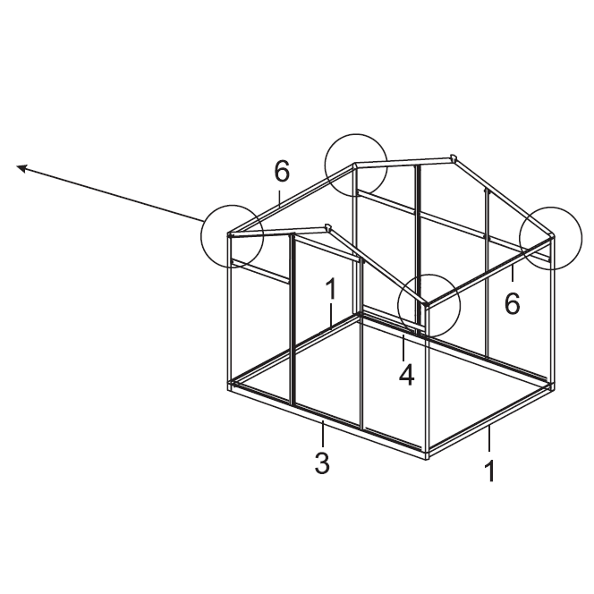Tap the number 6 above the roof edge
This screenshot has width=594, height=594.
pyautogui.click(x=282, y=170)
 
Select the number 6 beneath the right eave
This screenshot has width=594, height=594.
pyautogui.click(x=512, y=303)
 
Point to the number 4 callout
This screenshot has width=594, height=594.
pyautogui.click(x=406, y=374)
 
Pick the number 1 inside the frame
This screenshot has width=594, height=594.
pyautogui.click(x=331, y=289)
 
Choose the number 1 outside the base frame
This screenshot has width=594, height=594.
pyautogui.click(x=489, y=470)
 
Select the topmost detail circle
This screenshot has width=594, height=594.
pyautogui.click(x=356, y=165)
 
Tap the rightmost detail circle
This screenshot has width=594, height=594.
pyautogui.click(x=551, y=238)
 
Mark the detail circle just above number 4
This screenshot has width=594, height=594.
pyautogui.click(x=429, y=306)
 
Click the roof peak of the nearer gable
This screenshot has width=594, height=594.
pyautogui.click(x=328, y=226)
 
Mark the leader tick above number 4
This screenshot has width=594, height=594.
pyautogui.click(x=403, y=347)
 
